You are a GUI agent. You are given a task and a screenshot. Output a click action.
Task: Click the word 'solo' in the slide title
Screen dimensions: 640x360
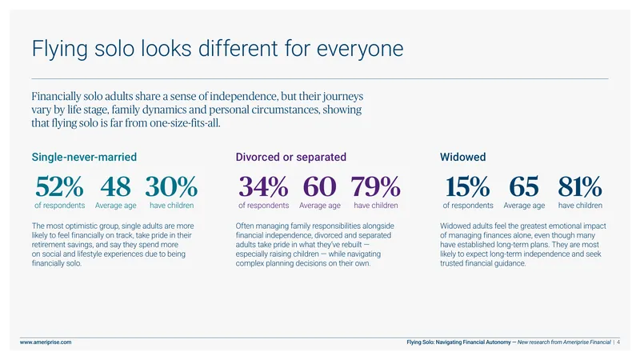[114, 48]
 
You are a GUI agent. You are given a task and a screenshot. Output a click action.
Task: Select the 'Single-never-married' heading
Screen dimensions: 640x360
[84, 157]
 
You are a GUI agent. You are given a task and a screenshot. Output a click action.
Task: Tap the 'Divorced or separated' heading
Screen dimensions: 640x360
[290, 157]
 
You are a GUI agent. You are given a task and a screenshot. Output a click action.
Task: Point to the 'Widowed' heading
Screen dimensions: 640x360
[463, 157]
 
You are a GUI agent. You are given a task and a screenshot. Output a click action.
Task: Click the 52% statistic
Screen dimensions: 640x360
[59, 186]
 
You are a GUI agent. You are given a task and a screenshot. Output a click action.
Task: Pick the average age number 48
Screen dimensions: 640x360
[115, 186]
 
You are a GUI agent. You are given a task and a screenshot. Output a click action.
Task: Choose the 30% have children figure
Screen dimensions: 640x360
[171, 186]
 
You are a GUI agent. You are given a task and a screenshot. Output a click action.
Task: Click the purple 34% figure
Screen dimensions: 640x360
[264, 186]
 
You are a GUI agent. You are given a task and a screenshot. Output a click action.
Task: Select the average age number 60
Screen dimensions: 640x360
[319, 186]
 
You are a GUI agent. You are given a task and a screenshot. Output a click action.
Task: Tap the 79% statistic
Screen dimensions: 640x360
[375, 186]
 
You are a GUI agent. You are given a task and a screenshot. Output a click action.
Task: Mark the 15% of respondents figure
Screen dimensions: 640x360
[468, 186]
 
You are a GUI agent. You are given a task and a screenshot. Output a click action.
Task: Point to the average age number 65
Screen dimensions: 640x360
[524, 186]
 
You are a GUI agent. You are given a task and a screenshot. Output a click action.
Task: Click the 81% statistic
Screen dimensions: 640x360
[580, 186]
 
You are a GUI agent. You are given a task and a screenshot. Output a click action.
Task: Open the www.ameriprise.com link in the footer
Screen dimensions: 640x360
[46, 342]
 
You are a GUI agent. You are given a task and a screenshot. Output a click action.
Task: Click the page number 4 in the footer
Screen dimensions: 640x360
[618, 342]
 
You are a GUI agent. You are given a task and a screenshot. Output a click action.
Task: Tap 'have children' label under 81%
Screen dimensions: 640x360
[580, 206]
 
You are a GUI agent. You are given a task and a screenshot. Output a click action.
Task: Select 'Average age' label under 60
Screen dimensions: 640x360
[319, 206]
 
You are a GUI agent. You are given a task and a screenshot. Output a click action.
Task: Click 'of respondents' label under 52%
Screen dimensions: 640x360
[59, 206]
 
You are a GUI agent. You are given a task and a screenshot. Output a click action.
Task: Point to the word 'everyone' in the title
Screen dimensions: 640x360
[360, 49]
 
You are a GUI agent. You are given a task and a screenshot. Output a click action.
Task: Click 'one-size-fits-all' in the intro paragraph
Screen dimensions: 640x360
[184, 123]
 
